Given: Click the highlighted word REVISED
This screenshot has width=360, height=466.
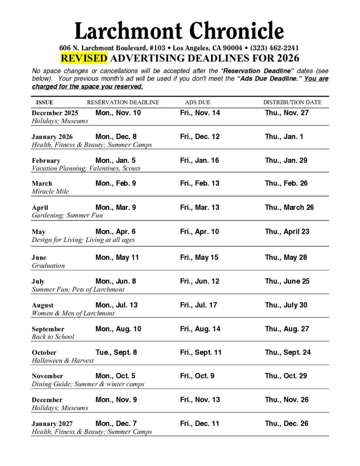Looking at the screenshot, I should (x=84, y=58).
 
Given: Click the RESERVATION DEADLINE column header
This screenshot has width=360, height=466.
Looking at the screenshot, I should (x=123, y=102).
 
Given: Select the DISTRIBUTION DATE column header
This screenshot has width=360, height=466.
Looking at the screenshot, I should (x=292, y=102).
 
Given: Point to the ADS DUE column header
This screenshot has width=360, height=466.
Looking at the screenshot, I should (x=198, y=102).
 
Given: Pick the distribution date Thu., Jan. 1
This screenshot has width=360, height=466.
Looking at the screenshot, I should (x=284, y=137).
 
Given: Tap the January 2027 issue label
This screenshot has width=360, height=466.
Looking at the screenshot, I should (x=52, y=424).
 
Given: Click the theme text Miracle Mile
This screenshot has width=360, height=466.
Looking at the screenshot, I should (x=50, y=192).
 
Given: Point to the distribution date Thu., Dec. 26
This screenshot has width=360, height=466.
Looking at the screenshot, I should (x=286, y=423).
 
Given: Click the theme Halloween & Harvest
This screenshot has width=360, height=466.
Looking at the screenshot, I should (x=62, y=360).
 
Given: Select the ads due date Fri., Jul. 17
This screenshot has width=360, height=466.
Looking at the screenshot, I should (x=199, y=305).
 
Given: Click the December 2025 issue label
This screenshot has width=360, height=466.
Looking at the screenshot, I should (x=55, y=113).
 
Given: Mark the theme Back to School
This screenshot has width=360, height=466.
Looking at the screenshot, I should (x=53, y=337).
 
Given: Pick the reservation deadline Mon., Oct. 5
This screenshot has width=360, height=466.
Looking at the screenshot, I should (x=115, y=376).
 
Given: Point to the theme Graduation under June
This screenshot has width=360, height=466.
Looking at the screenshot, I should (x=48, y=265).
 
